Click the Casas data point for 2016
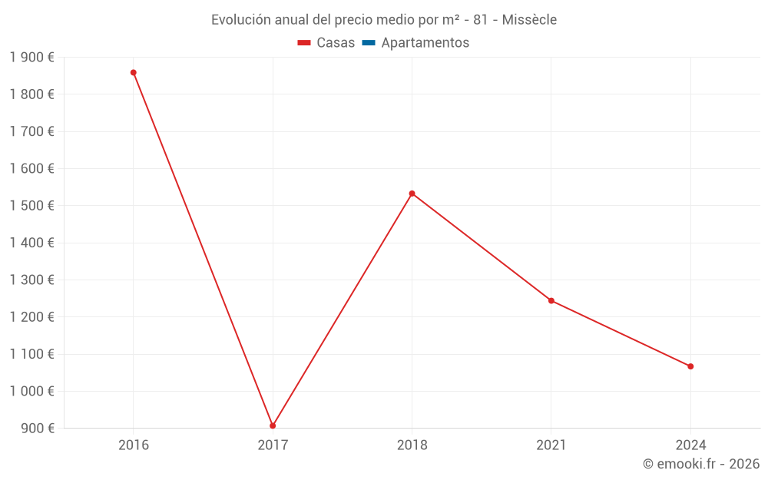coord(134,73)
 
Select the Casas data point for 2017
coord(273,425)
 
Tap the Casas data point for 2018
coord(412,194)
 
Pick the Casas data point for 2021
coord(551,300)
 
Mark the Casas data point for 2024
coord(690,366)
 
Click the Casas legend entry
coord(326,43)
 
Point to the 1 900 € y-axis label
coord(31,58)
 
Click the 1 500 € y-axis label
coord(31,206)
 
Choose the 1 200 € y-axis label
coord(31,317)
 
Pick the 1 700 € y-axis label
coord(31,131)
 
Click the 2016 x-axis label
coord(134,445)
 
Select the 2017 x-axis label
coord(273,445)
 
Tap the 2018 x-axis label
coord(412,445)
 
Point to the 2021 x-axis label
coord(551,445)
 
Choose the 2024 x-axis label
coord(690,445)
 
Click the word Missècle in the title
coord(529,20)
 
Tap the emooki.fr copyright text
coord(701,464)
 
